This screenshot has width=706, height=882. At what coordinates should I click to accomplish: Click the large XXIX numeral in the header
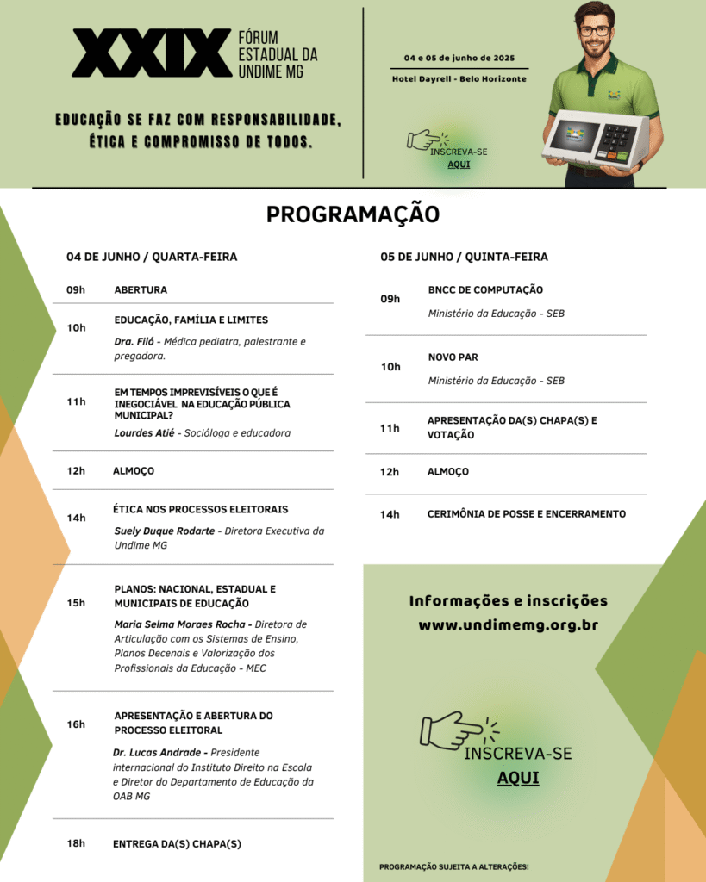click(x=152, y=53)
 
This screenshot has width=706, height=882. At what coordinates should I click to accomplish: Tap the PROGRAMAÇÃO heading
click(x=353, y=214)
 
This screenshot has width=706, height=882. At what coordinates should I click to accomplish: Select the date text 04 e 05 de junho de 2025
click(x=459, y=58)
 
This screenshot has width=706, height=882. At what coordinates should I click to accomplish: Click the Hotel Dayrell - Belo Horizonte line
click(x=459, y=79)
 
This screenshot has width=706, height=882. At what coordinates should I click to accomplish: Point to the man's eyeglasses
click(x=594, y=31)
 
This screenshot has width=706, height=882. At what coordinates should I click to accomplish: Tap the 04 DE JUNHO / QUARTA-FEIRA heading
click(x=152, y=257)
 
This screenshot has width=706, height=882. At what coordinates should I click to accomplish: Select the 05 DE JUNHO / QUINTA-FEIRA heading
click(x=464, y=257)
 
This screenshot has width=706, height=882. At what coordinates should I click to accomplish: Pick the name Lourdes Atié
click(x=143, y=433)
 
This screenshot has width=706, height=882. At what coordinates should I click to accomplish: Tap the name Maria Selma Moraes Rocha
click(x=182, y=624)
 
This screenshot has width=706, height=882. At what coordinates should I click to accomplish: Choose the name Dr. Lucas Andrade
click(x=159, y=753)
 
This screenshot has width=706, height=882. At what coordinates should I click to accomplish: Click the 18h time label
click(x=76, y=843)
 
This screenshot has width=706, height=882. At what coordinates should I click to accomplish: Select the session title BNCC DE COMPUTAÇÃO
click(x=485, y=290)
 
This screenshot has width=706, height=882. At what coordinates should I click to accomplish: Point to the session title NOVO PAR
click(x=453, y=357)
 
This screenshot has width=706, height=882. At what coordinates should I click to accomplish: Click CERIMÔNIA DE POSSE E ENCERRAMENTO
click(x=526, y=514)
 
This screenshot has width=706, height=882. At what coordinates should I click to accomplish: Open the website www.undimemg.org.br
click(x=508, y=625)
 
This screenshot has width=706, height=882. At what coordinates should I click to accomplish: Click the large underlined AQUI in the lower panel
click(x=518, y=778)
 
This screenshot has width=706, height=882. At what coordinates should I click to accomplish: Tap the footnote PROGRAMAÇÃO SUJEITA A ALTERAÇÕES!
click(x=453, y=866)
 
